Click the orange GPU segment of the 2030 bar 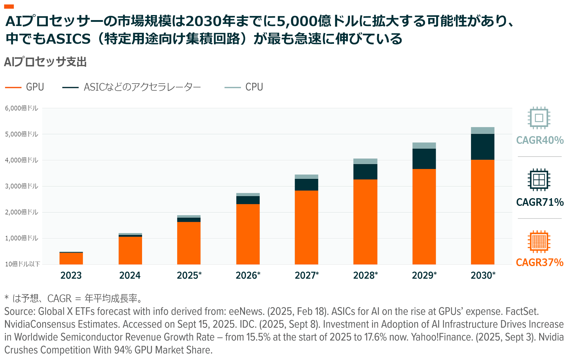coord(483,212)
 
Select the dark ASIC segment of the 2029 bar coord(424,159)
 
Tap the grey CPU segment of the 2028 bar coord(365,161)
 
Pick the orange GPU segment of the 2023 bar coord(71,258)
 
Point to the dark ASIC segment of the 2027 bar coord(306,185)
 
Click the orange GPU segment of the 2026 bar coord(248,234)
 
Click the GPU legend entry coord(25,87)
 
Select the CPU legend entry coord(244,87)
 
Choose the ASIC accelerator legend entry coord(132,87)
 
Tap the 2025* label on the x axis coord(189,275)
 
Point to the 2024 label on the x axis coord(130,275)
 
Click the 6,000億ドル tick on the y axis coord(22,108)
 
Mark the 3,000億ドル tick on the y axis coord(22,186)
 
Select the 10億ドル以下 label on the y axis coord(22,264)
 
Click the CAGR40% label coord(540,140)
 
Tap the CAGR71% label coord(540,202)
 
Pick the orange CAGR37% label coord(540,262)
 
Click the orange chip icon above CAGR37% coord(539,242)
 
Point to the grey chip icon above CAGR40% coord(539,118)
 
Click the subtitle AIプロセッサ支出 coord(45,62)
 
